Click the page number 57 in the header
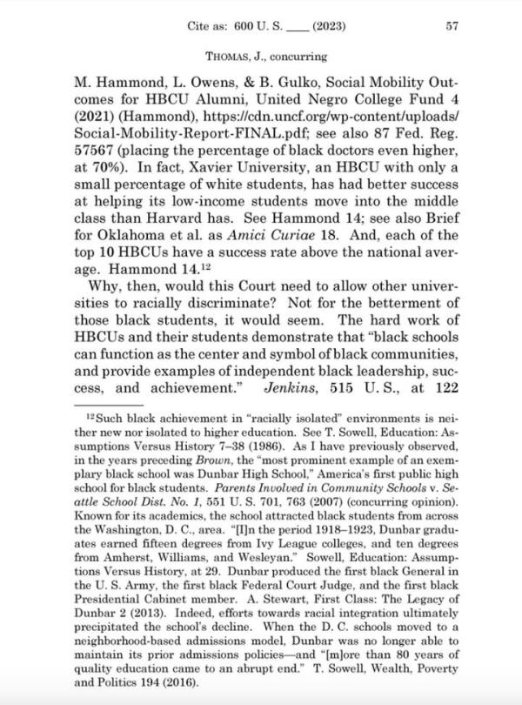[452, 27]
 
